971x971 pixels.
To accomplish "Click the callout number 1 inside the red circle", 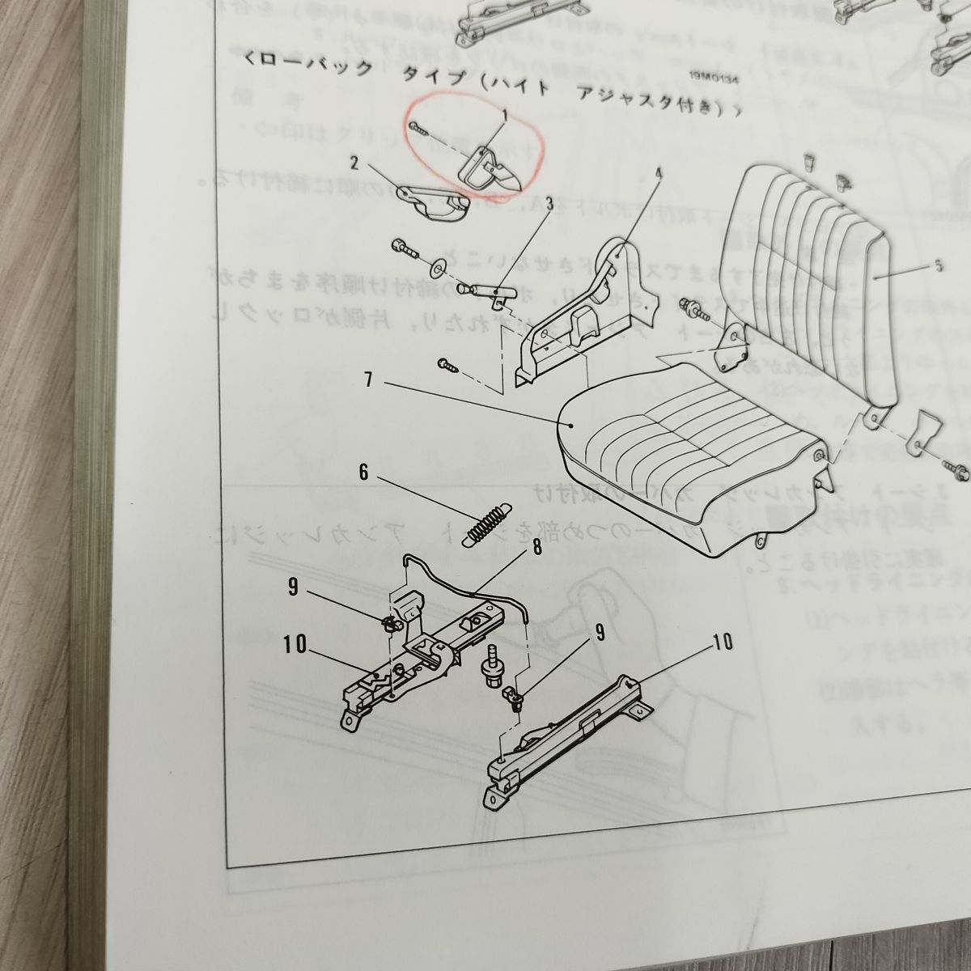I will click(x=504, y=117).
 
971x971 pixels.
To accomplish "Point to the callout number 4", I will click(x=659, y=173).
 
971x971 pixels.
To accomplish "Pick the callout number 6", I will click(x=364, y=473).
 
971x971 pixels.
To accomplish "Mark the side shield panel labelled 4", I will click(x=583, y=316).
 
